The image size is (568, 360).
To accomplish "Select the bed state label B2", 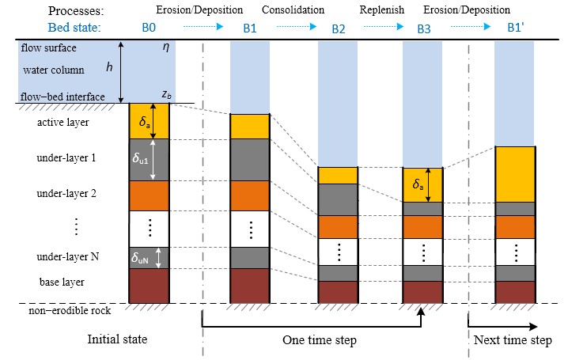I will [338, 28].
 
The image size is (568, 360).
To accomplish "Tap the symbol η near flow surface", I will [165, 47].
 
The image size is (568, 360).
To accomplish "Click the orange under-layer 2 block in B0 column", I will [150, 195].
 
